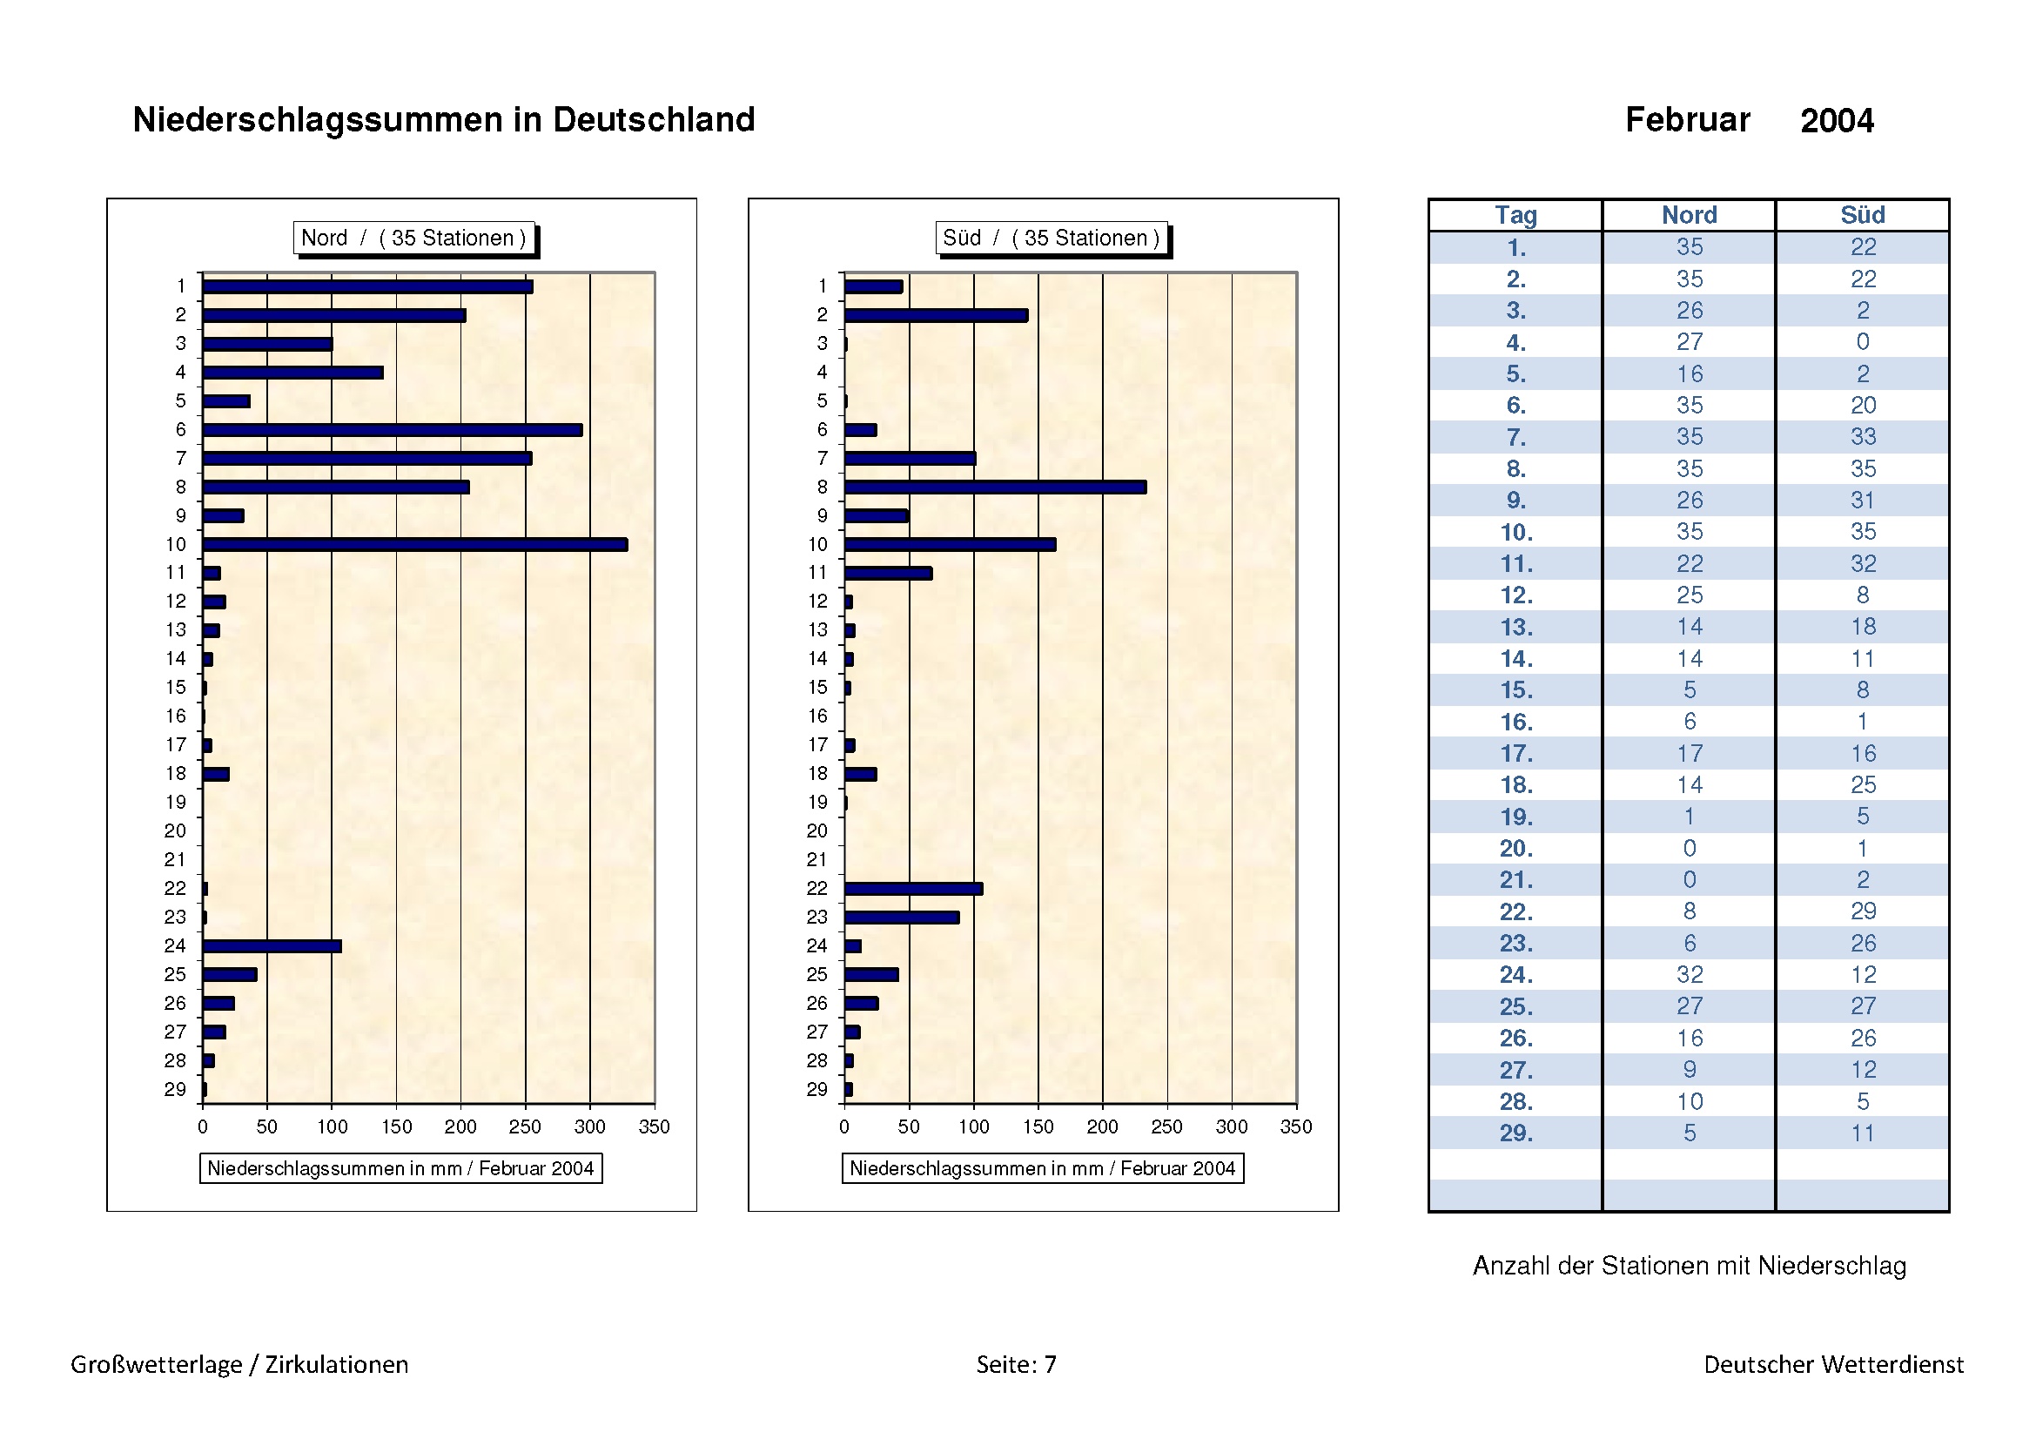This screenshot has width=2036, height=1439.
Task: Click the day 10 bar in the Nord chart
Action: point(415,544)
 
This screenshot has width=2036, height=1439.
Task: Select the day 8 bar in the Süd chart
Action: point(995,487)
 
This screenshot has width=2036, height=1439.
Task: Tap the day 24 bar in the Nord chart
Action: point(272,946)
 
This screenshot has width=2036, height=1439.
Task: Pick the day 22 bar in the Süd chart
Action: point(913,889)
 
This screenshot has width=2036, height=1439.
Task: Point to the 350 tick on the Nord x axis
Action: point(655,1126)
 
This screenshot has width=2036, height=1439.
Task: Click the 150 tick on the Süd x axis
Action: point(1038,1126)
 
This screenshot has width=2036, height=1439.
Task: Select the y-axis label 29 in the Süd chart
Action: point(816,1090)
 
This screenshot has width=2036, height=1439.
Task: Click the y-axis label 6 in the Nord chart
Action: point(181,430)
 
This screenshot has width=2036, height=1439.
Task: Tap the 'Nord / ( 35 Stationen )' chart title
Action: point(414,238)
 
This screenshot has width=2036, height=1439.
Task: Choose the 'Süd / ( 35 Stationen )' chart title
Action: point(1051,238)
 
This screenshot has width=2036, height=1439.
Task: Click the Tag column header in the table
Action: point(1515,215)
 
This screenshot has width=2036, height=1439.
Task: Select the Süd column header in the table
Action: point(1862,215)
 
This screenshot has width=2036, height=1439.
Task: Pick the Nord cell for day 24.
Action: point(1690,974)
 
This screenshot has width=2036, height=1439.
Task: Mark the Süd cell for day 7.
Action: point(1862,436)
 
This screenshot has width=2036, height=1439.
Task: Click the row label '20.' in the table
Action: point(1515,849)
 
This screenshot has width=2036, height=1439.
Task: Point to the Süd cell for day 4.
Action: point(1862,341)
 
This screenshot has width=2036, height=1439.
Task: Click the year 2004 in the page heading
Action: point(1837,121)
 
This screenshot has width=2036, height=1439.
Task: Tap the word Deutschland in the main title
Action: point(654,119)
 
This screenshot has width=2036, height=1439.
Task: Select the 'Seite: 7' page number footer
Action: point(1016,1364)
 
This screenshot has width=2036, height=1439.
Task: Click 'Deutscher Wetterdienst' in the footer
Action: point(1833,1364)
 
